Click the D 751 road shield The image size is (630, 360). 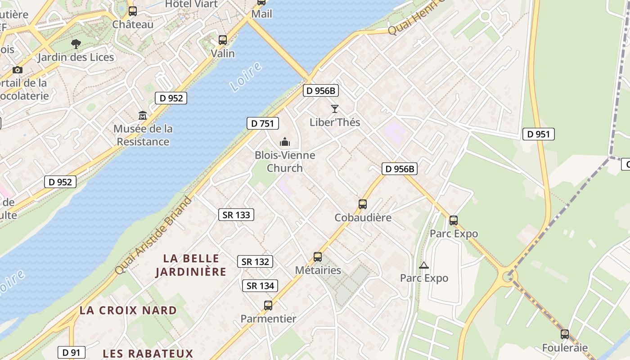click(263, 123)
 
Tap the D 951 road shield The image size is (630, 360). click(538, 134)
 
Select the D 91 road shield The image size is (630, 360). click(72, 352)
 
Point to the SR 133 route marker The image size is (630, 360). click(236, 215)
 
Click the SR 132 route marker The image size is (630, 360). click(255, 261)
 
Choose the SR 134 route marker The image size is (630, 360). click(260, 286)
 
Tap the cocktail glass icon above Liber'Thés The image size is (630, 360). click(334, 109)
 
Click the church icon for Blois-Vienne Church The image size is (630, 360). click(285, 142)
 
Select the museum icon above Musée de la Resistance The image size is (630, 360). click(143, 116)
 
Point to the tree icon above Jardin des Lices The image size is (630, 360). click(76, 44)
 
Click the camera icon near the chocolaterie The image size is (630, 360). click(18, 70)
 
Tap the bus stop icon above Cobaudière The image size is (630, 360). click(363, 204)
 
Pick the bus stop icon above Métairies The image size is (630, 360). click(318, 257)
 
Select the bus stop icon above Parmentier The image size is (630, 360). click(268, 306)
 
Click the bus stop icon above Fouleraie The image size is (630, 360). click(565, 334)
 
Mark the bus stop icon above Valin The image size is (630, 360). click(223, 40)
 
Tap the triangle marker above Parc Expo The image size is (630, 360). click(424, 265)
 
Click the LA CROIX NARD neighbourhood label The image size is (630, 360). click(128, 310)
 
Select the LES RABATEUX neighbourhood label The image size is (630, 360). click(148, 353)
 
